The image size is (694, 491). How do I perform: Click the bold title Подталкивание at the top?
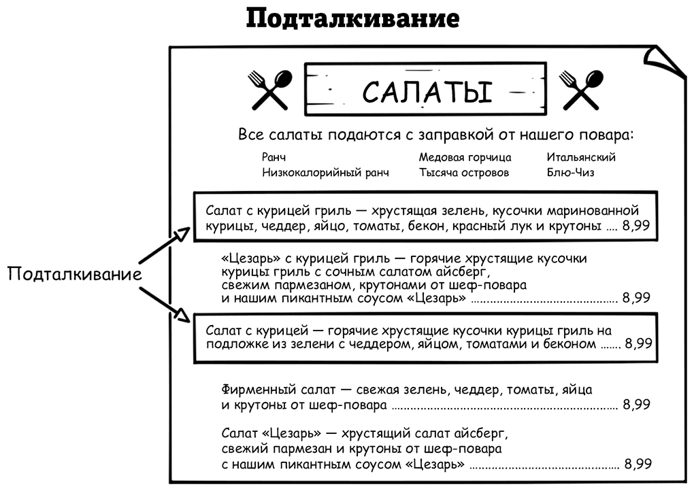click(x=352, y=20)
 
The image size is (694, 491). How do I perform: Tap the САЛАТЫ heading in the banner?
click(x=427, y=92)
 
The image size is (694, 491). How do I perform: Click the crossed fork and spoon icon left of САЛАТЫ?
click(x=270, y=90)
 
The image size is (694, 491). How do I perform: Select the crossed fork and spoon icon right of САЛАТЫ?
click(x=581, y=90)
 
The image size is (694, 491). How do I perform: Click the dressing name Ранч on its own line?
click(x=274, y=158)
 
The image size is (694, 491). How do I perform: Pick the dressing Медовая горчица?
click(x=465, y=158)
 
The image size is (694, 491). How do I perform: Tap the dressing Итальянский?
click(x=580, y=157)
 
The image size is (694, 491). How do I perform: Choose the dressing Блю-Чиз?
click(x=570, y=173)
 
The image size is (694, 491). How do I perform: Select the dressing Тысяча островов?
click(x=464, y=173)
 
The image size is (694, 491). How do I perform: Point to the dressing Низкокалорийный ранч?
click(x=325, y=173)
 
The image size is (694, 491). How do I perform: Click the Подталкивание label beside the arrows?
click(x=75, y=274)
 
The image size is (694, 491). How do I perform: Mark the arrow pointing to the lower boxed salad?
click(x=165, y=303)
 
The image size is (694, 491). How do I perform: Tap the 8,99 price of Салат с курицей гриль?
click(x=636, y=226)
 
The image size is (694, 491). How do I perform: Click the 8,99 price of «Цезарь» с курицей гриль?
click(x=636, y=298)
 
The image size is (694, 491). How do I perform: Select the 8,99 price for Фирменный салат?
click(x=636, y=405)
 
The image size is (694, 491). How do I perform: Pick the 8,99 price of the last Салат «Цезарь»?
click(x=638, y=464)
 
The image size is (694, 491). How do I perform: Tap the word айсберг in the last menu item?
click(x=480, y=433)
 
